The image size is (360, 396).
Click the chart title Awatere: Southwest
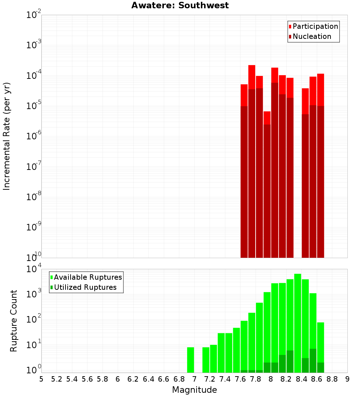pos(180,6)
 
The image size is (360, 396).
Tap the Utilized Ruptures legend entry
pos(85,287)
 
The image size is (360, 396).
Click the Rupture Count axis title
pos(14,321)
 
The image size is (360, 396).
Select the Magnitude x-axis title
pos(194,390)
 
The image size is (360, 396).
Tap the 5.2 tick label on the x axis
pos(57,379)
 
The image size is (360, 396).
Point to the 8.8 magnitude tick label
pos(332,379)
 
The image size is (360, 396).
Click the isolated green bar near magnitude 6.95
pos(190,360)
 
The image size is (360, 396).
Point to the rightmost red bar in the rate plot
pos(320,90)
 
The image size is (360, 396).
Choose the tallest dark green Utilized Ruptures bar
pos(313,360)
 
